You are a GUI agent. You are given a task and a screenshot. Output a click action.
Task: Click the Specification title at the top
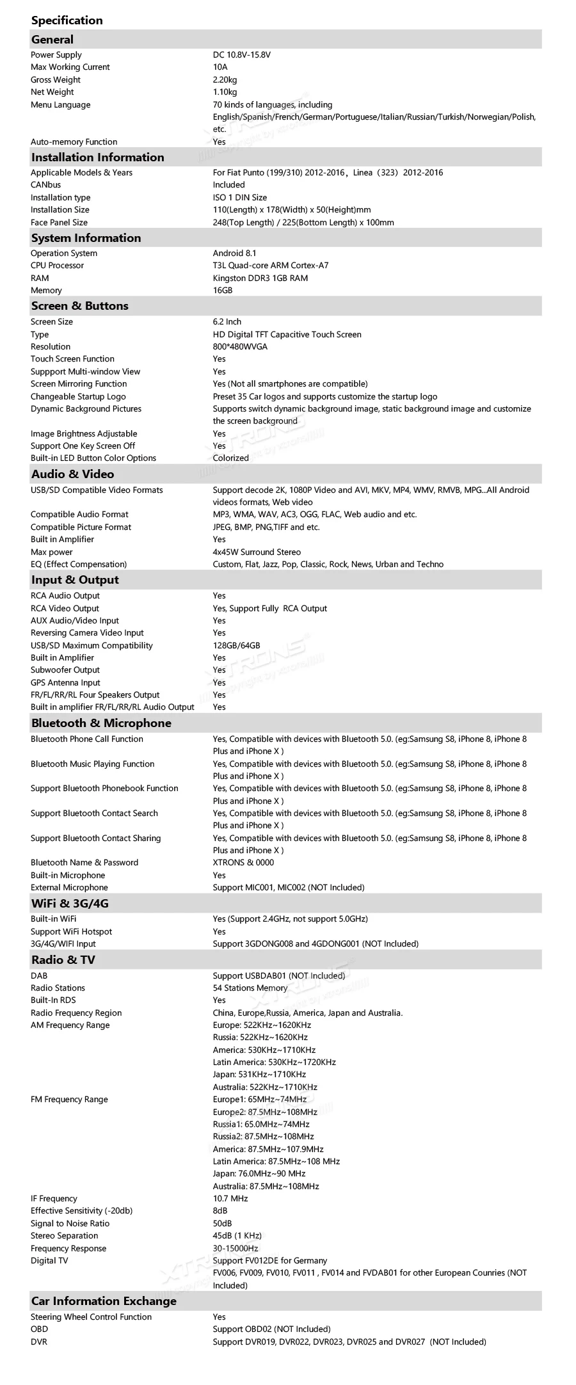click(x=67, y=20)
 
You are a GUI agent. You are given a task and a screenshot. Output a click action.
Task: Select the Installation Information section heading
click(x=97, y=157)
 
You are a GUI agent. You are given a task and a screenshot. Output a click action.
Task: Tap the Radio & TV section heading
click(x=63, y=959)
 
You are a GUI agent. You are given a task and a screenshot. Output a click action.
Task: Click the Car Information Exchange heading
click(x=104, y=1301)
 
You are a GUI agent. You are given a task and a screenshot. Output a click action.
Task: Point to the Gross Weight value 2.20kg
click(x=225, y=80)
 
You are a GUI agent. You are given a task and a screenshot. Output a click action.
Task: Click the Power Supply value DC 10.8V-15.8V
click(x=241, y=55)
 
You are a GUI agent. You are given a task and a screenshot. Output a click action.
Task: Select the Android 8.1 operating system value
click(x=234, y=253)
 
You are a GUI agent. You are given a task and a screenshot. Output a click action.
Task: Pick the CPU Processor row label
click(x=57, y=266)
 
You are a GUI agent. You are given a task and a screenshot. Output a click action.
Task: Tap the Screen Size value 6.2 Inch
click(x=227, y=322)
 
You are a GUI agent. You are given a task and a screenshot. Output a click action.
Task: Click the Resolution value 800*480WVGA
click(x=240, y=347)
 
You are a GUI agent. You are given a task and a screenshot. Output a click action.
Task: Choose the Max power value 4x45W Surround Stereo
click(x=257, y=552)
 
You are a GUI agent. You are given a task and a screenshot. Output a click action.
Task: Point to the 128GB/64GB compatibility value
click(x=236, y=646)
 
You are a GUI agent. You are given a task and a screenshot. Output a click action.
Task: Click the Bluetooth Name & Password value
click(x=243, y=863)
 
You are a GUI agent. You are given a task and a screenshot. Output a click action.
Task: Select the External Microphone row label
click(x=69, y=888)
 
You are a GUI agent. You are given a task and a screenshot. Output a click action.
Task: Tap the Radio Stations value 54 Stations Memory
click(x=250, y=988)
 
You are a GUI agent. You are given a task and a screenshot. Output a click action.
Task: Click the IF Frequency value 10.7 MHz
click(x=230, y=1199)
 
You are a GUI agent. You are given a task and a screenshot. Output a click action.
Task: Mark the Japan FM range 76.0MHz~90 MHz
click(x=259, y=1174)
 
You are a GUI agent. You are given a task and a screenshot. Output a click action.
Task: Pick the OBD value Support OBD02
click(x=271, y=1329)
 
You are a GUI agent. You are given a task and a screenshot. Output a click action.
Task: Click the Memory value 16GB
click(x=223, y=291)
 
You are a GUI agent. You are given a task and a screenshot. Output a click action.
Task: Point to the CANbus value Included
click(x=229, y=185)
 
